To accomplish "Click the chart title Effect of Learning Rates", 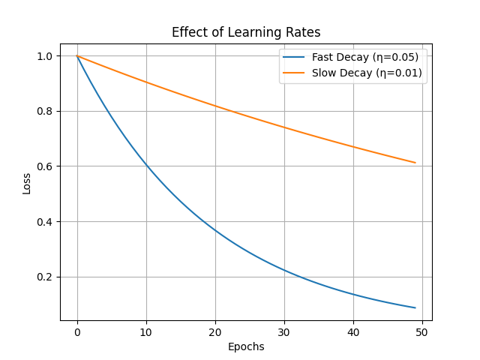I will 246,32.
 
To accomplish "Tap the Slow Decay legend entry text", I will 367,73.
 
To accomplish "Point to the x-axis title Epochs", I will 246,346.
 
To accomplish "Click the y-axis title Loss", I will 27,182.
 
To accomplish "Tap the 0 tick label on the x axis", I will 77,331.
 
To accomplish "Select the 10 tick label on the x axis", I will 146,331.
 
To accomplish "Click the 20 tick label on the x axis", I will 215,331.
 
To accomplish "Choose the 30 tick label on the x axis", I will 284,331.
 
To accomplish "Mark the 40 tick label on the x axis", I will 353,331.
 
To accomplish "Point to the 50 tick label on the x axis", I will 422,331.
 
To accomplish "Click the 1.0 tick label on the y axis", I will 45,56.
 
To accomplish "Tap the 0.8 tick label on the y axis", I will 45,111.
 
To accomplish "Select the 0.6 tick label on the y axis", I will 45,166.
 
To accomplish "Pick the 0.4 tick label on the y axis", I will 45,222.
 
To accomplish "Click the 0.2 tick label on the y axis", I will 45,277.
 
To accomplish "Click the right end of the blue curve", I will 415,307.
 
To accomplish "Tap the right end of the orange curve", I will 415,163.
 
